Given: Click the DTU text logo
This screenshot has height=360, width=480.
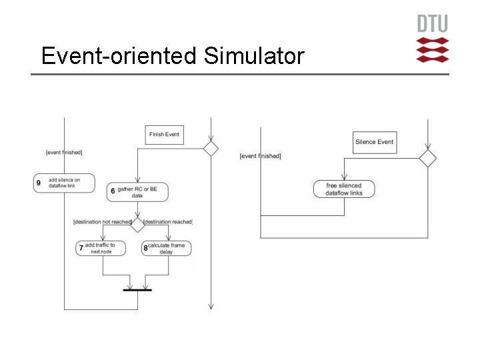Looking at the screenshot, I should [433, 25].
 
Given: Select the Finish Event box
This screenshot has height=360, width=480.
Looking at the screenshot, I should [164, 135].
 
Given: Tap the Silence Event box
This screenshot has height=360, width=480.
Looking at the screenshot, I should [374, 142].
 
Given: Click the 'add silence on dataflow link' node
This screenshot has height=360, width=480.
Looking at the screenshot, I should [64, 183].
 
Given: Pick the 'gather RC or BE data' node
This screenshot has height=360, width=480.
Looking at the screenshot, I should [137, 193].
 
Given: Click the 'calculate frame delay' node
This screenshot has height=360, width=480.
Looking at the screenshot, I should [167, 249].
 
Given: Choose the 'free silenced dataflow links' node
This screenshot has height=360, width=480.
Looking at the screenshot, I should [343, 189].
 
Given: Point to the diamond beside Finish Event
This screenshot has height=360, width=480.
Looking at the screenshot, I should [211, 148].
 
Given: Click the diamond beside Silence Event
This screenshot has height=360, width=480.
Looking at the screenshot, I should [427, 158].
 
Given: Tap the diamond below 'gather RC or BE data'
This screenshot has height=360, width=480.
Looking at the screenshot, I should [137, 224].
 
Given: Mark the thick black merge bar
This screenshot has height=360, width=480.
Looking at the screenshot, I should [137, 290].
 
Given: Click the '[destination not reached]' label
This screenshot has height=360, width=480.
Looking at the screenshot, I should [102, 221].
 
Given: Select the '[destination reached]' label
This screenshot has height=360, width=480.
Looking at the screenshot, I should [168, 221].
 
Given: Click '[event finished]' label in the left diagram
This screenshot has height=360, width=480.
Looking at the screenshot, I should [64, 153].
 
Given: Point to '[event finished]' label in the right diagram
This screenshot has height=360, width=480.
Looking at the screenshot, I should [260, 156].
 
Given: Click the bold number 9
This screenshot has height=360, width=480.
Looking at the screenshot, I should [39, 183].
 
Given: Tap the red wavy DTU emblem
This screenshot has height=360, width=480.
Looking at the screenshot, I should [433, 50].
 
